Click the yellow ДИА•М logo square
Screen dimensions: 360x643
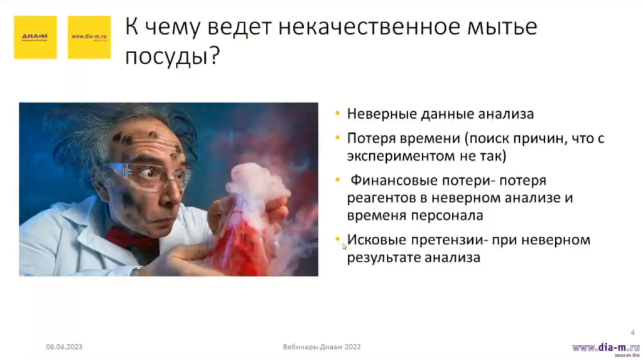tap(35, 37)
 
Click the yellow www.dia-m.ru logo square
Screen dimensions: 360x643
tap(89, 37)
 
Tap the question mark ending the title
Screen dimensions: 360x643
tap(214, 57)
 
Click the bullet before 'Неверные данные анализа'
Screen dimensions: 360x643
tap(338, 114)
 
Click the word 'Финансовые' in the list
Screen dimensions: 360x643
tap(386, 181)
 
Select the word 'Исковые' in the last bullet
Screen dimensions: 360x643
tap(376, 240)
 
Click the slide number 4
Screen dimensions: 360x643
tap(632, 332)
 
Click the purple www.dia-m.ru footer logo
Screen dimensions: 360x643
tap(601, 347)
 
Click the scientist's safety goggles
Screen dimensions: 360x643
tap(151, 175)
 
